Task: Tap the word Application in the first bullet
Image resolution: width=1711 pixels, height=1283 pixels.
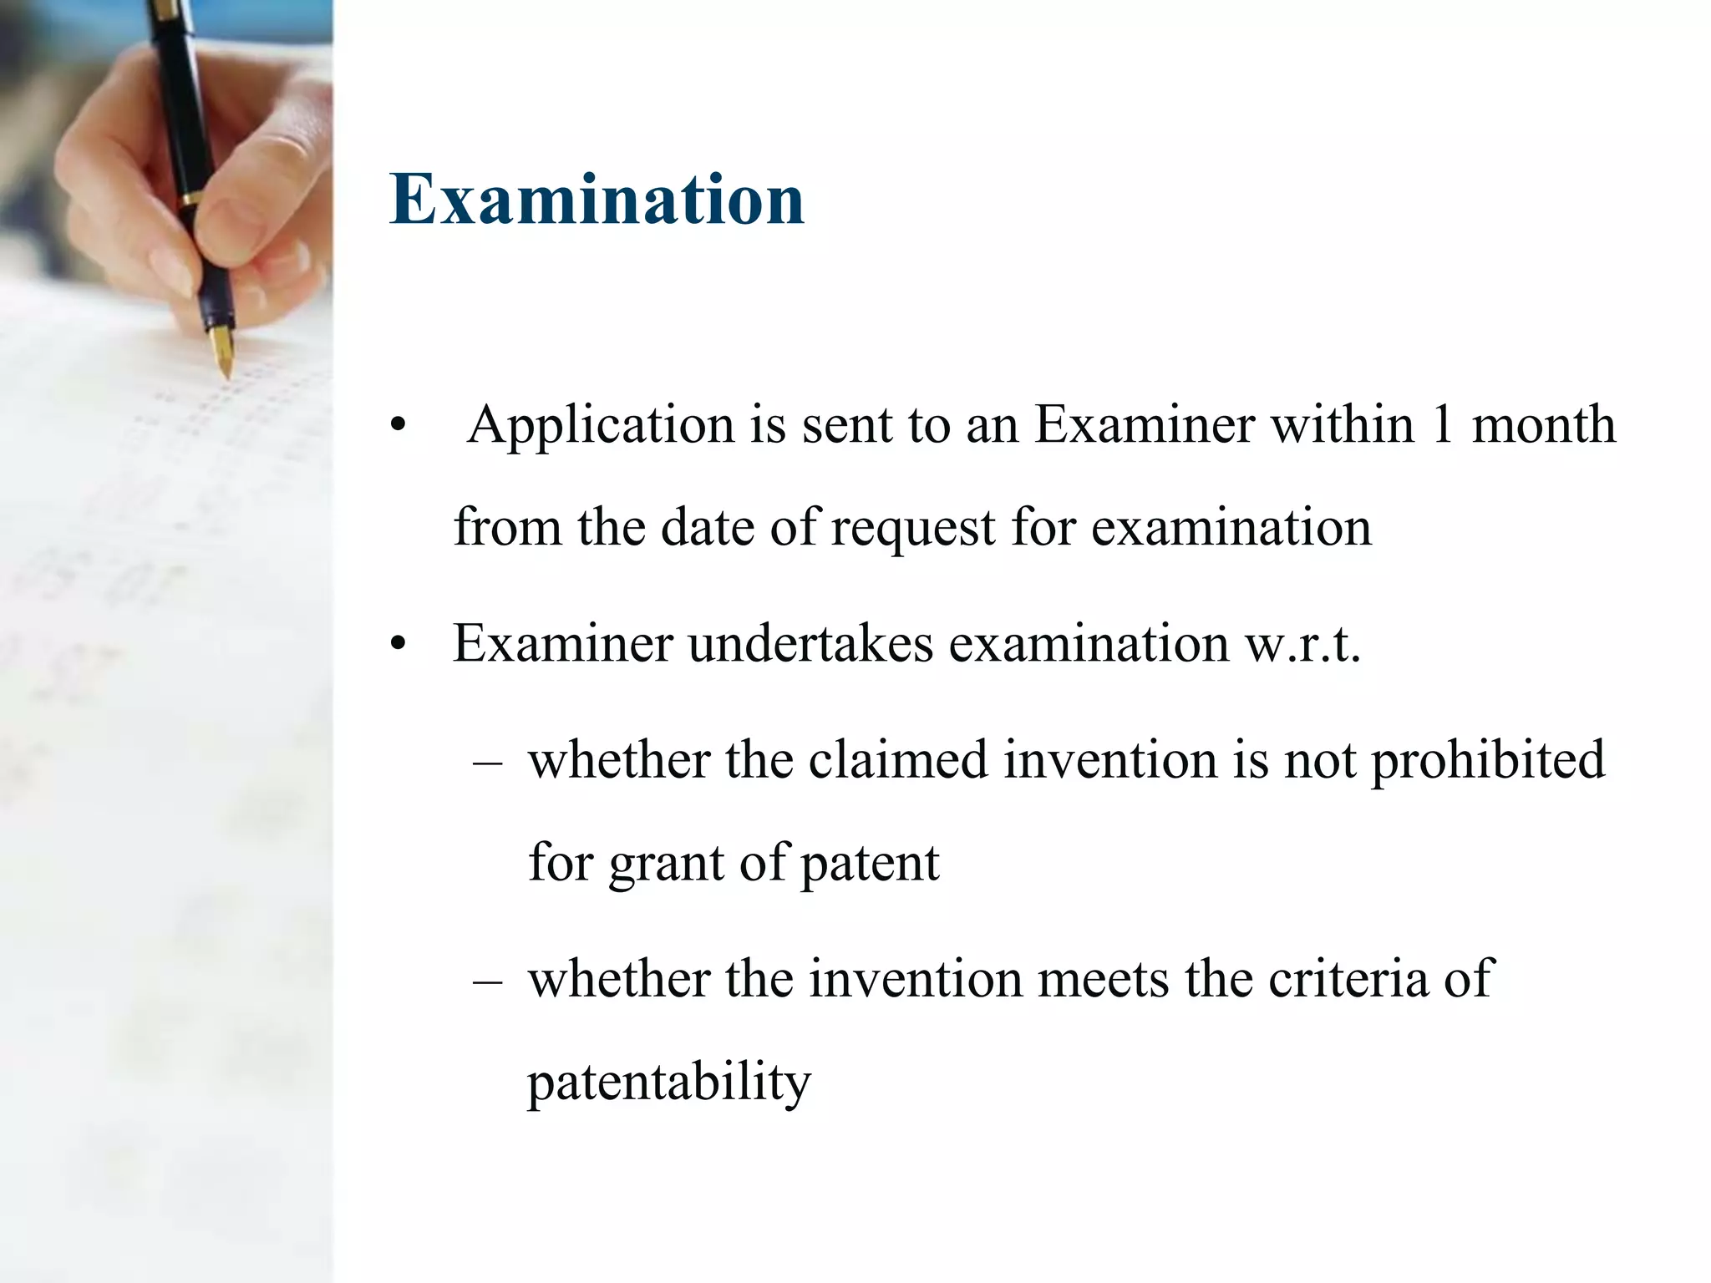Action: coord(602,426)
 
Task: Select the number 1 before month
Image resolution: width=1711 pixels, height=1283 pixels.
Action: coord(1442,424)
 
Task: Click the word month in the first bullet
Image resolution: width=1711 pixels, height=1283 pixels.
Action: coord(1543,424)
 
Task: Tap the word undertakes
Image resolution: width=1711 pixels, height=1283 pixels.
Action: coord(810,644)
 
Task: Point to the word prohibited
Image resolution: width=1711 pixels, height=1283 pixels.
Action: coord(1488,762)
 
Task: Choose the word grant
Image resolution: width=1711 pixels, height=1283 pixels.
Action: coord(666,864)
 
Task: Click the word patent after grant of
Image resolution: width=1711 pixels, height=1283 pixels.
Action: coord(870,864)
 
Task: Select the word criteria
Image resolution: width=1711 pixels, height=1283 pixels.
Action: coord(1348,978)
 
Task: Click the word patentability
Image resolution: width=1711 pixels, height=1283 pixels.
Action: coord(669,1083)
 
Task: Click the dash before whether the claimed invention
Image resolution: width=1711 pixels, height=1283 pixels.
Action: coord(487,761)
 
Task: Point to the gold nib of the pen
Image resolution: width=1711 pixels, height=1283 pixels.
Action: coord(222,352)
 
